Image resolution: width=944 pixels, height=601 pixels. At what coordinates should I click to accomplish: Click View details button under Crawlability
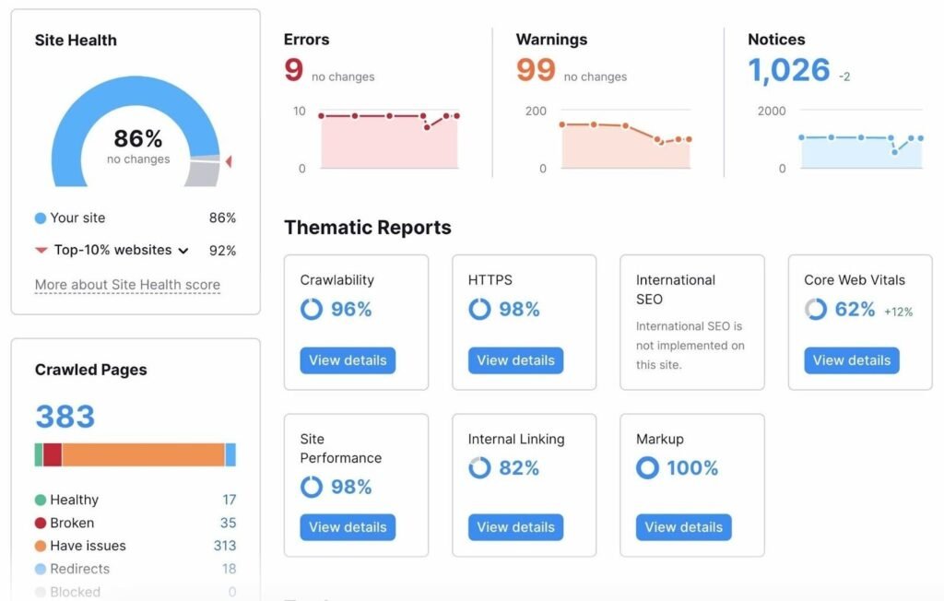pos(348,360)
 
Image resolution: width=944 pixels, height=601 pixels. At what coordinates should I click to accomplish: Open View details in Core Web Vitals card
pos(851,360)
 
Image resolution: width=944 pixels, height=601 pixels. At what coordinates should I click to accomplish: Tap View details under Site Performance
pos(348,527)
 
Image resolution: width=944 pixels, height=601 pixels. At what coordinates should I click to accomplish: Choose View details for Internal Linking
pos(515,527)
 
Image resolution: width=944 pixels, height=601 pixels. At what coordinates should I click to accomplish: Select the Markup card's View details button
pos(683,527)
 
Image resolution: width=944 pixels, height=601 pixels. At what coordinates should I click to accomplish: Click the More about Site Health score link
pos(127,285)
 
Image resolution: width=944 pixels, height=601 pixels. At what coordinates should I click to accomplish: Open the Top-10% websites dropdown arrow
pos(183,251)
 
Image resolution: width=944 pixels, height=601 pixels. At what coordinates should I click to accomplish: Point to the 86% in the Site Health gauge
pos(138,139)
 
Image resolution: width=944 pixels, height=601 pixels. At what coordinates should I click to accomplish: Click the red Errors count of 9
pos(293,71)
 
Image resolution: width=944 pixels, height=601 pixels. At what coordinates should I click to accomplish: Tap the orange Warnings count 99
pos(535,71)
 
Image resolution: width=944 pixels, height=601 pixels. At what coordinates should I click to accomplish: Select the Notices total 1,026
pos(788,71)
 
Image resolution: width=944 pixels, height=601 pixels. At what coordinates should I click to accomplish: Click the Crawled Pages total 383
pos(65,417)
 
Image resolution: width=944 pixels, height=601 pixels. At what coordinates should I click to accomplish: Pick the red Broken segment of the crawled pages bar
pos(53,454)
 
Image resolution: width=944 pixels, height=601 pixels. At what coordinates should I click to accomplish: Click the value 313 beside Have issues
pos(224,546)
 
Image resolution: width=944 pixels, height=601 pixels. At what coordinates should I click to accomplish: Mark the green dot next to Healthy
pos(41,500)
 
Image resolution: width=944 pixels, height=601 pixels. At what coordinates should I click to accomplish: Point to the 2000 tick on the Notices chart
pos(771,111)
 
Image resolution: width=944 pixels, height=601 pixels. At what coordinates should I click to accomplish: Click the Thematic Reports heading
pos(367,228)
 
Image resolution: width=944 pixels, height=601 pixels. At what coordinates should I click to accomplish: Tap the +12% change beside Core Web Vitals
pos(898,312)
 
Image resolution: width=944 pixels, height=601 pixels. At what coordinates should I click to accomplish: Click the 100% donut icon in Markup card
pos(647,468)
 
